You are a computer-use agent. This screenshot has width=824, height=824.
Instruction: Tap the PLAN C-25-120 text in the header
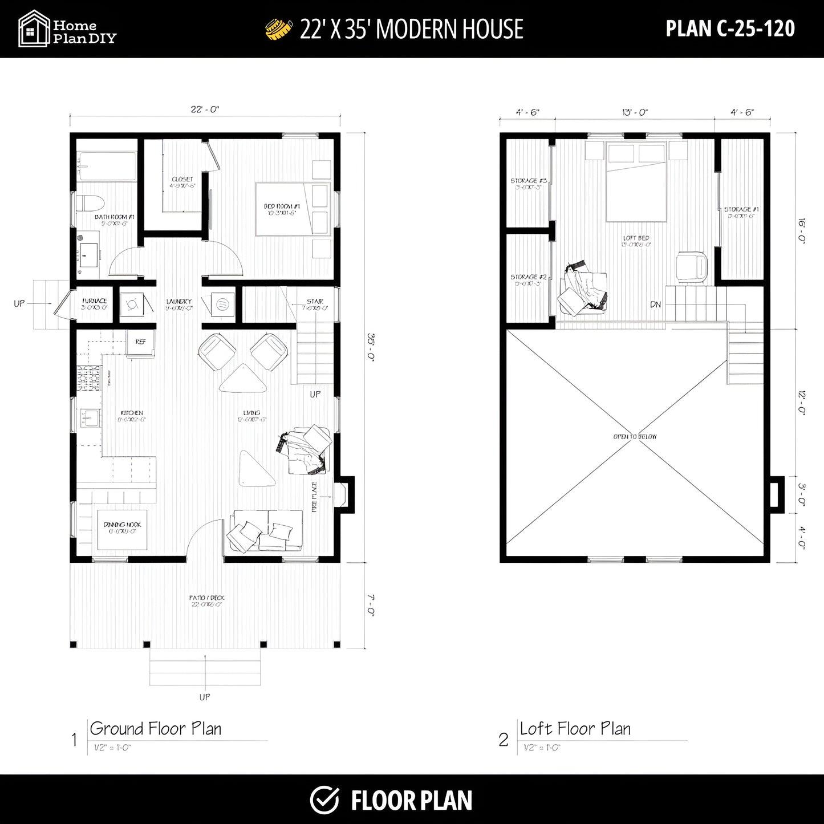coord(730,29)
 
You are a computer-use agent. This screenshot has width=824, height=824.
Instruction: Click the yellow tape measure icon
coord(279,29)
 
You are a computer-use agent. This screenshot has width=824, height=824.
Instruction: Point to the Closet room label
coord(182,182)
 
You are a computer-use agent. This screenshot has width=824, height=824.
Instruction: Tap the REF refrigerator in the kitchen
coord(140,342)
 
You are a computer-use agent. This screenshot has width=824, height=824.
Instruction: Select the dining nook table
coord(122,528)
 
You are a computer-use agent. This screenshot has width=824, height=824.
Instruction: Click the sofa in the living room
coord(266,531)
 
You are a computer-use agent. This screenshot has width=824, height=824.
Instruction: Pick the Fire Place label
coord(314,496)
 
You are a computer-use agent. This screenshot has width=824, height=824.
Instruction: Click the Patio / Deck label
coord(206,600)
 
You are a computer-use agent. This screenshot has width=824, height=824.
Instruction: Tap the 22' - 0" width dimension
coord(205,109)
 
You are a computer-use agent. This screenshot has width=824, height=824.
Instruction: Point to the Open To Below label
coord(635,437)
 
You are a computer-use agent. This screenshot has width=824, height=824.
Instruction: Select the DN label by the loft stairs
coord(656,305)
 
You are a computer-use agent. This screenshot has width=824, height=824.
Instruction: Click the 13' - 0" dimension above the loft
coord(635,113)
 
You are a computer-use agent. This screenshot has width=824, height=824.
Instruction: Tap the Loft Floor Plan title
coord(575,729)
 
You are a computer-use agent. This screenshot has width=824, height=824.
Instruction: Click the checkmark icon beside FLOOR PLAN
coord(324,799)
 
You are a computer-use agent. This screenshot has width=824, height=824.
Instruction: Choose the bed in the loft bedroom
coord(636,182)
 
